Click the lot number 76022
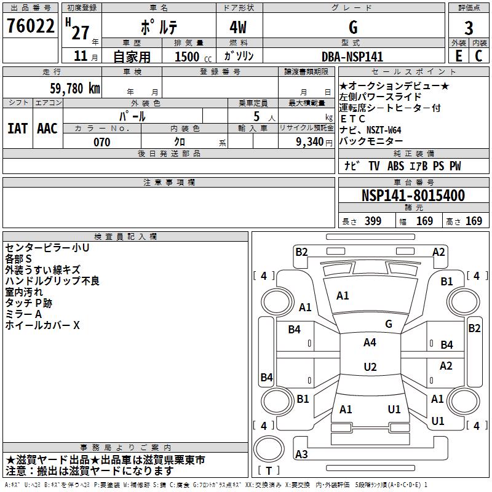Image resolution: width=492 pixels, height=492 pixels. coord(30,26)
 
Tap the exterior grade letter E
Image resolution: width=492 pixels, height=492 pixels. coord(458,55)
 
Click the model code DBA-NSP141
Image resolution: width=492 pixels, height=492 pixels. coord(352,57)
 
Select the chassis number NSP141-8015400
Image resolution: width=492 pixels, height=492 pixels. coord(413,196)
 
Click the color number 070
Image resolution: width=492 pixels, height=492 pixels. coord(101,142)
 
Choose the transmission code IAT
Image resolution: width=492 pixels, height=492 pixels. coord(17,128)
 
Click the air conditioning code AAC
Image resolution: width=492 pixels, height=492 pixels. coord(47,128)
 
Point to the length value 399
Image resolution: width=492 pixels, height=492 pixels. coord(371,221)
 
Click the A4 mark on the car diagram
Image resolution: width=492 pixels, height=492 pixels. coord(370,343)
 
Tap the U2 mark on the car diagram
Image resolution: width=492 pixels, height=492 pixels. coord(370,367)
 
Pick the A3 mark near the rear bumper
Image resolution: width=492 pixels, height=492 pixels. coord(301,454)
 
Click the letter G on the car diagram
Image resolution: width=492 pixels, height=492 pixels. coord(389,323)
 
